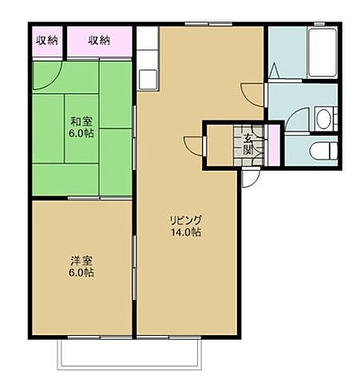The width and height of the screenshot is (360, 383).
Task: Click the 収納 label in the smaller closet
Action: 47,41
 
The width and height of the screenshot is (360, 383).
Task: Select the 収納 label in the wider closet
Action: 99,41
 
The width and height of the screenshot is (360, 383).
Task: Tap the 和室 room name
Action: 81,122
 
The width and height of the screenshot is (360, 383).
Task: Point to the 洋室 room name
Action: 81,261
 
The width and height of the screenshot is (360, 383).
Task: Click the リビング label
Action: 186,220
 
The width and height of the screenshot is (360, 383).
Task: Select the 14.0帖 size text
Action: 186,232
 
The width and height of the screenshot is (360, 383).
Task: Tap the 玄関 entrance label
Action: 248,145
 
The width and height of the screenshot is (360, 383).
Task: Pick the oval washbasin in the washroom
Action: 323,119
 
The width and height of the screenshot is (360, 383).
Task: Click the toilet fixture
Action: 323,151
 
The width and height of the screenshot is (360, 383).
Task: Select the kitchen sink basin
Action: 148,79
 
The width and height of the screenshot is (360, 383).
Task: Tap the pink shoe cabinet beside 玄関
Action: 273,145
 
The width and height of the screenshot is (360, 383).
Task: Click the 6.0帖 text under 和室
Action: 81,133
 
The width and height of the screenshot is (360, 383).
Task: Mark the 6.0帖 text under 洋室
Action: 80,273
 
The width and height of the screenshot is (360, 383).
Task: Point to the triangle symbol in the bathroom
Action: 275,70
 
